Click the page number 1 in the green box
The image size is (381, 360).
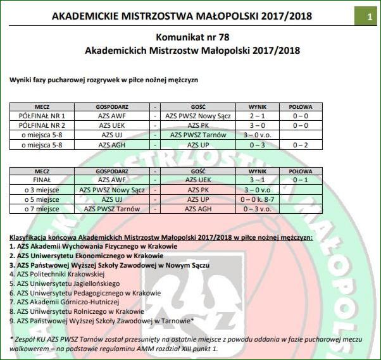(x=369, y=17)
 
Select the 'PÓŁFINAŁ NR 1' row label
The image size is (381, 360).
(x=43, y=116)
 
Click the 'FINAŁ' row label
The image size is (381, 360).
(x=43, y=180)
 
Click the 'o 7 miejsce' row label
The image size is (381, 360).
(x=43, y=208)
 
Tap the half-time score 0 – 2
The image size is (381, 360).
(x=300, y=144)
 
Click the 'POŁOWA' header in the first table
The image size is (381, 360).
(x=300, y=107)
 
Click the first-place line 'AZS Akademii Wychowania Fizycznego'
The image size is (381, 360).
(x=95, y=246)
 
